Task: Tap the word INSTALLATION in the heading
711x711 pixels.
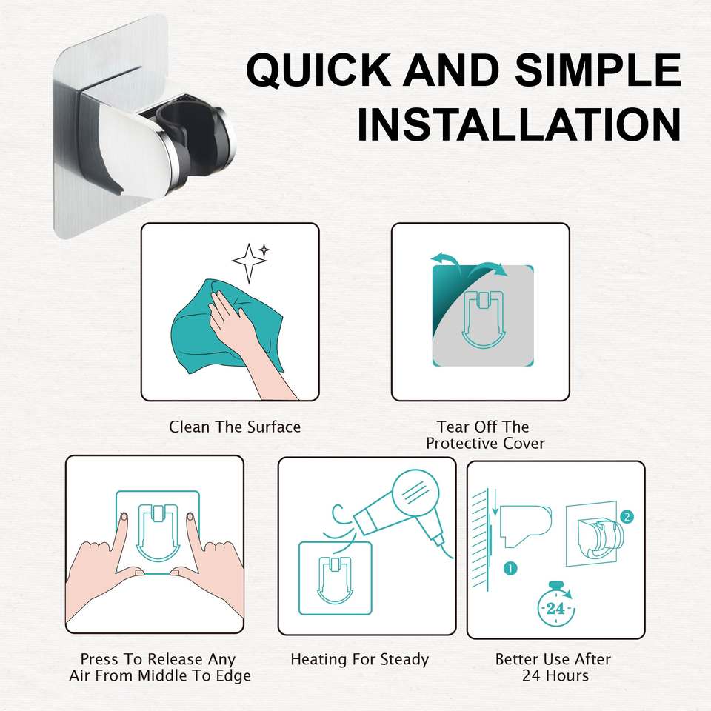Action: coord(519,124)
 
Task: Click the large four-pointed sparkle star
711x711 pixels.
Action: coord(249,263)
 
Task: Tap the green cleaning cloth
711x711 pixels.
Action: coord(227,323)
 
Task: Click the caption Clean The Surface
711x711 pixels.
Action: coord(235,427)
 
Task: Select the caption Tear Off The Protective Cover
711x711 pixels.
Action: coord(484,435)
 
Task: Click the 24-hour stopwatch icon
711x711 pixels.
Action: coord(556,604)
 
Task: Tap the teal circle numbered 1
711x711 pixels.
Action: coord(510,568)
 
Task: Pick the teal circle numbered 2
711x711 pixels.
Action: coord(627,517)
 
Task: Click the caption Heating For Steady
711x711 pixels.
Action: coord(360,659)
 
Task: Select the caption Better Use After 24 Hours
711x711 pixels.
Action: coord(553,667)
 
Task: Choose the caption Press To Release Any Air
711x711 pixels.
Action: coord(160,667)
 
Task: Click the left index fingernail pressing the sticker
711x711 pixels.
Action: coord(124,516)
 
